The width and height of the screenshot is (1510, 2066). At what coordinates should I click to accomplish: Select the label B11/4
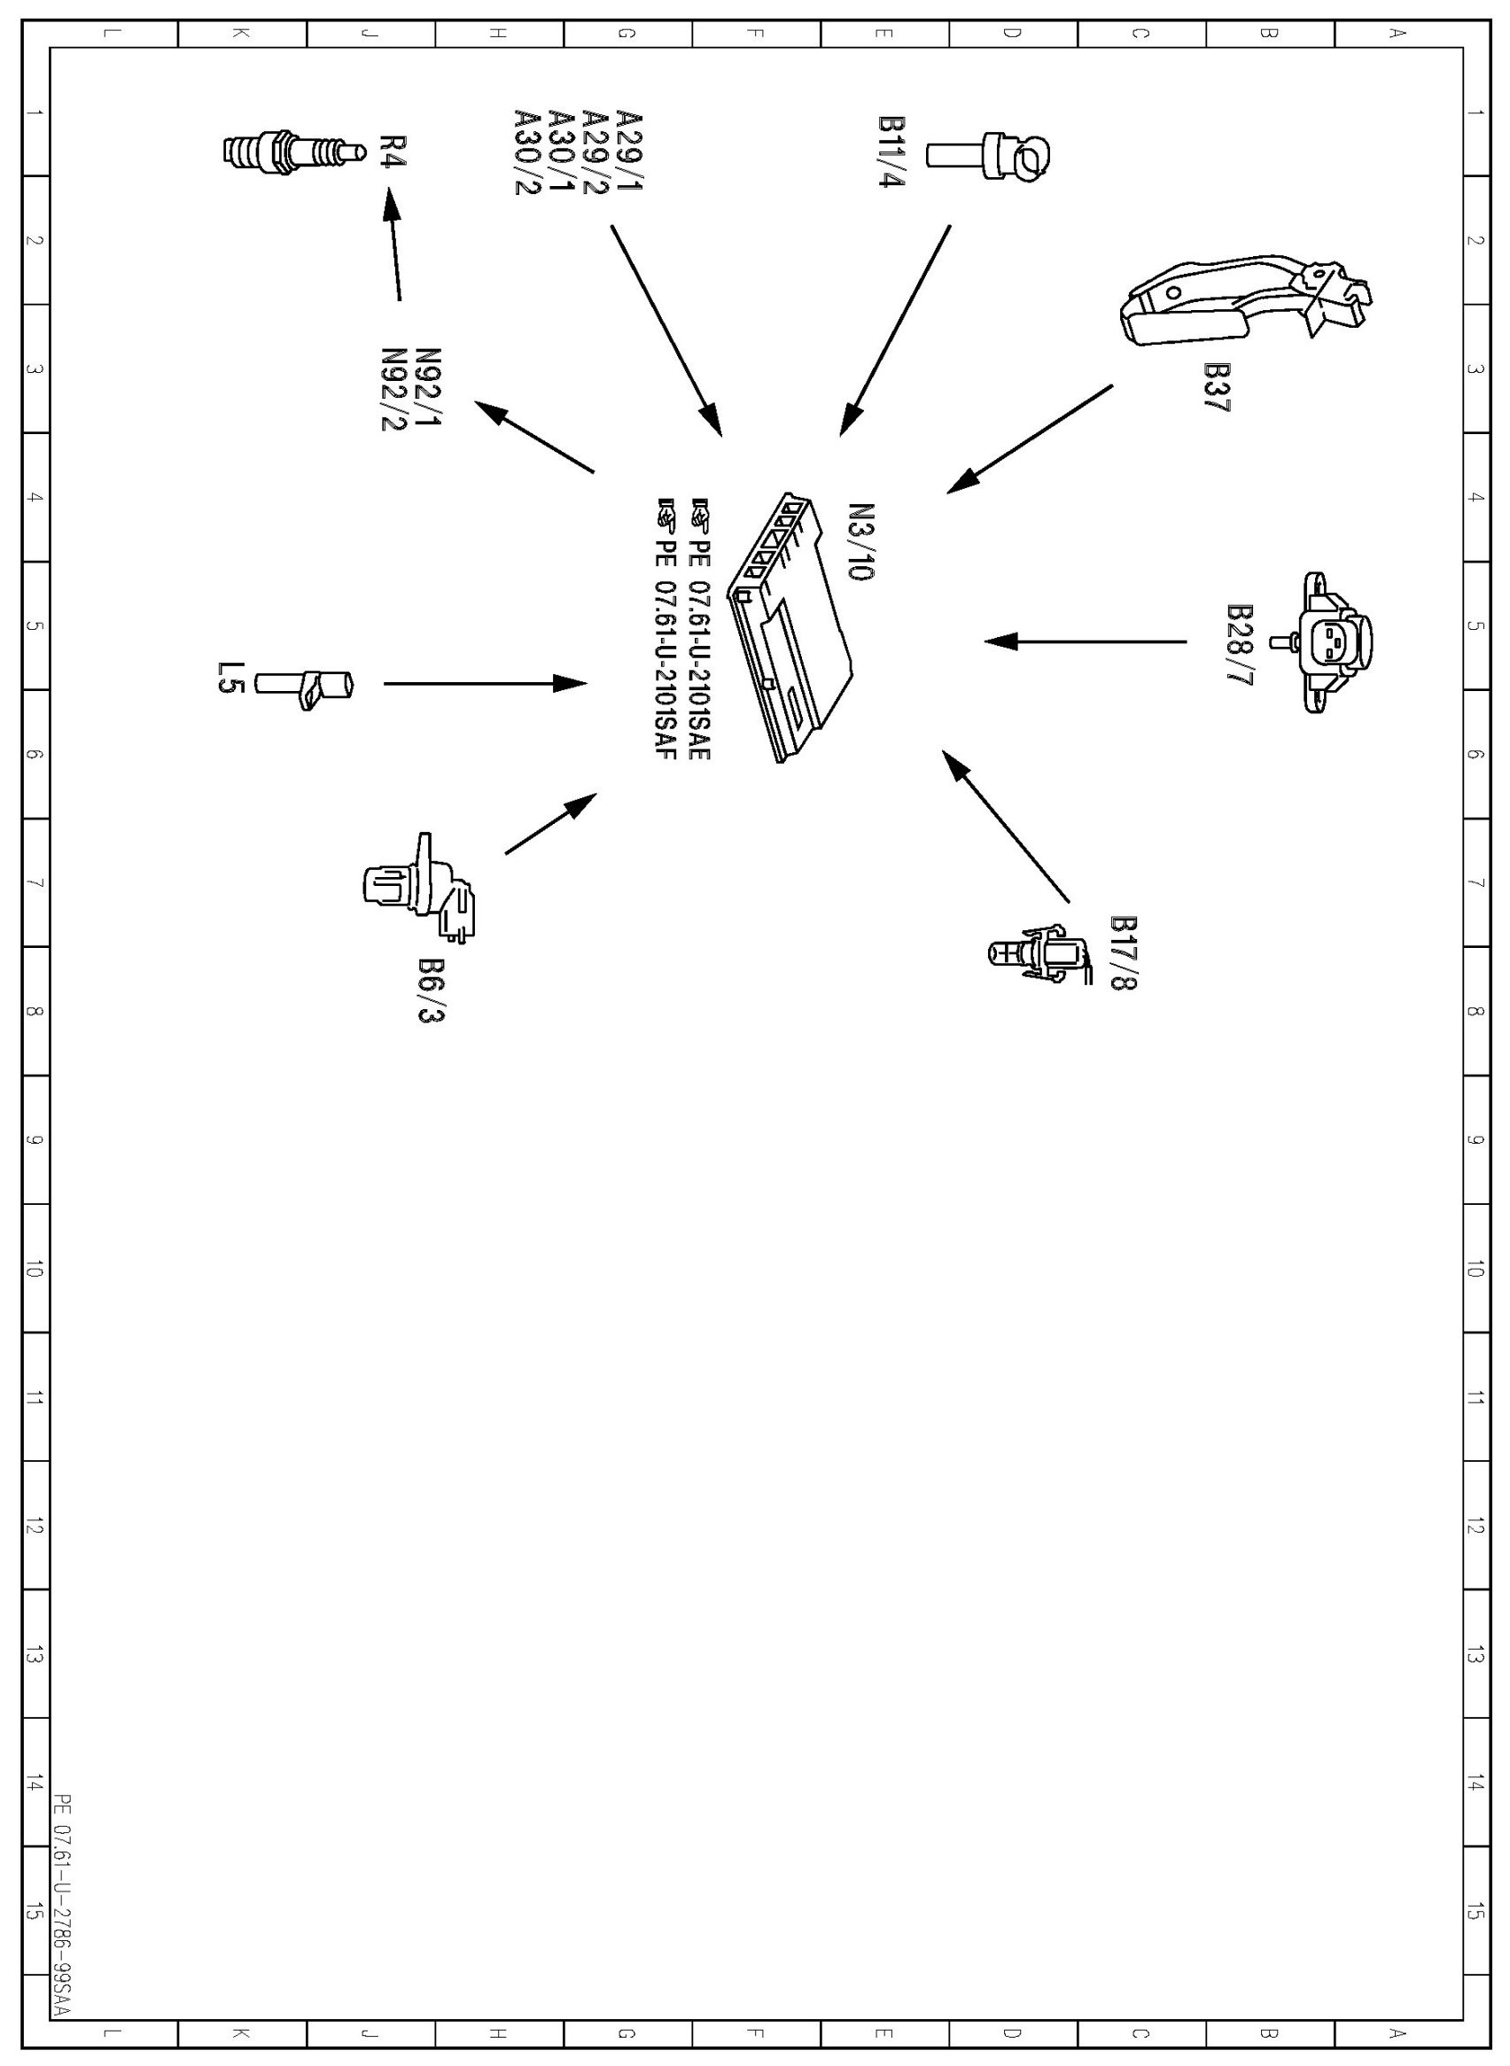891,151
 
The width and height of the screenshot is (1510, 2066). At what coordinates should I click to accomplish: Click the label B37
1217,388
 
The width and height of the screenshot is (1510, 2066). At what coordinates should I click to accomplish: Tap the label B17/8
1124,953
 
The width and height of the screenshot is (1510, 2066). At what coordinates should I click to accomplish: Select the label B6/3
431,990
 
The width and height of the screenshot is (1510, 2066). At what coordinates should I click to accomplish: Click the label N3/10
861,542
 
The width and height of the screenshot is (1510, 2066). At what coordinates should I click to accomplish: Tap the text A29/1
629,151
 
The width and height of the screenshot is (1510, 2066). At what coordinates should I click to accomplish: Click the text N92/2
394,389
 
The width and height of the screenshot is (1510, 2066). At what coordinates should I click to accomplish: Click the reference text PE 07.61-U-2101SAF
665,630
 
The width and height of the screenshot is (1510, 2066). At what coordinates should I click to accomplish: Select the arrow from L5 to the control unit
485,682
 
